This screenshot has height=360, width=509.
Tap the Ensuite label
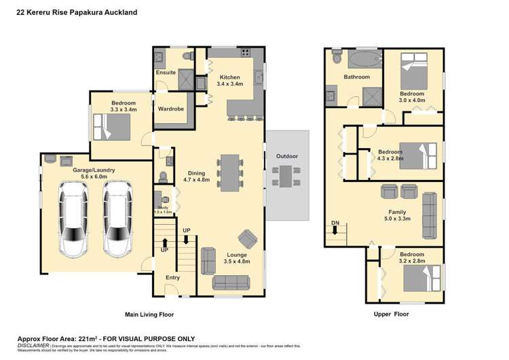tap(166, 72)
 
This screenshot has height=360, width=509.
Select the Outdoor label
tap(286, 156)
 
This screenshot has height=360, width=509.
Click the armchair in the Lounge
tap(246, 238)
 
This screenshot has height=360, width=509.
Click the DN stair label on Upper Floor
tap(335, 222)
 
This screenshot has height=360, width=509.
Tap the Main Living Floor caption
tap(149, 314)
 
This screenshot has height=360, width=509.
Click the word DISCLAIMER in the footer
tap(32, 345)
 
